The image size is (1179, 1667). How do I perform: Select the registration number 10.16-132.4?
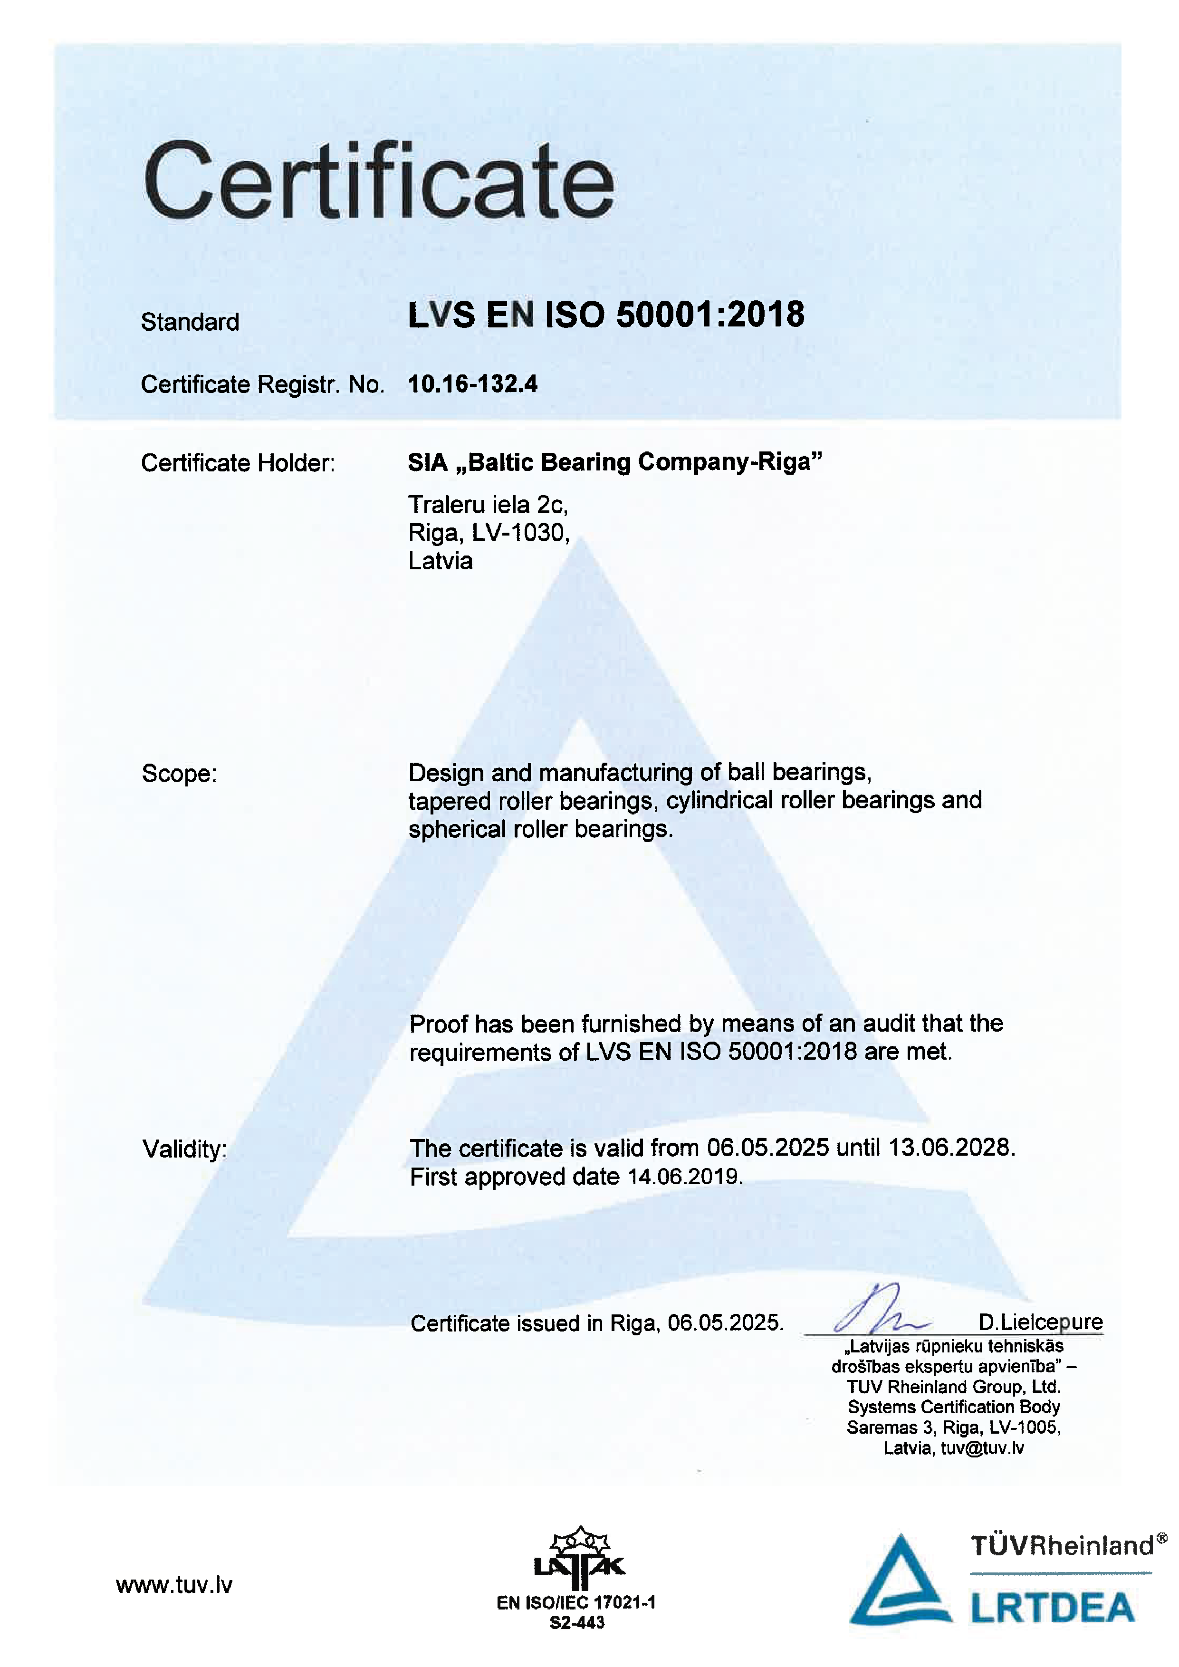[x=473, y=384]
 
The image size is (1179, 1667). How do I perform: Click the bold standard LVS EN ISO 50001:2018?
[x=606, y=315]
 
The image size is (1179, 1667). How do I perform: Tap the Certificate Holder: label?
[x=238, y=462]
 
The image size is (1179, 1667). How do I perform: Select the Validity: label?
[x=184, y=1149]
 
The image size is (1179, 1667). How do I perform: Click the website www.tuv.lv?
[x=174, y=1584]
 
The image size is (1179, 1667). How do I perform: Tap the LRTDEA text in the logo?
[x=1053, y=1608]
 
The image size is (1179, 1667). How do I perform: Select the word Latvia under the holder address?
[x=440, y=561]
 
